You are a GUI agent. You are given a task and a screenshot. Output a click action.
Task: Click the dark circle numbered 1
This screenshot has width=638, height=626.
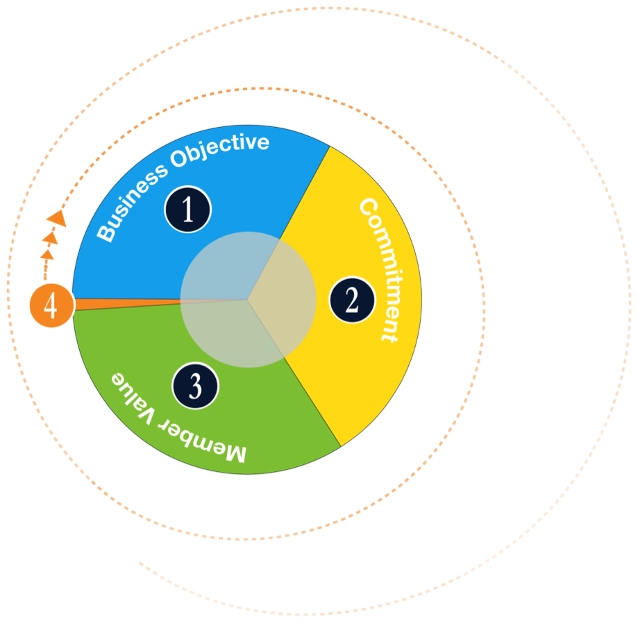187,209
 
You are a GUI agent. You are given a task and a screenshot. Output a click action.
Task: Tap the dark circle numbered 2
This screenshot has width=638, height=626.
352,300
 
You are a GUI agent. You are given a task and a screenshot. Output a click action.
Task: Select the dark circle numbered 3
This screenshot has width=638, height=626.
196,386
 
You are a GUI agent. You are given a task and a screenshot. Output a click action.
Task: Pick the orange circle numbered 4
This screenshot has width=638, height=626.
51,305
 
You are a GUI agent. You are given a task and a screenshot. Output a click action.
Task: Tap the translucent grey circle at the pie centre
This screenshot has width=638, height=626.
248,300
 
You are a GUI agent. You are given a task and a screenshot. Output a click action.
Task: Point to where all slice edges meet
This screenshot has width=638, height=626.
248,300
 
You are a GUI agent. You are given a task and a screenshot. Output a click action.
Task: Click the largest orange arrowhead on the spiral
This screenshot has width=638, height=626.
57,218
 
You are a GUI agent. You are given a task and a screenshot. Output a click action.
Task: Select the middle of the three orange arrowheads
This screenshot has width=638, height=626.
49,237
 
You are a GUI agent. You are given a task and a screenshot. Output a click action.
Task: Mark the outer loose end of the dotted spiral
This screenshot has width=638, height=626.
140,563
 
